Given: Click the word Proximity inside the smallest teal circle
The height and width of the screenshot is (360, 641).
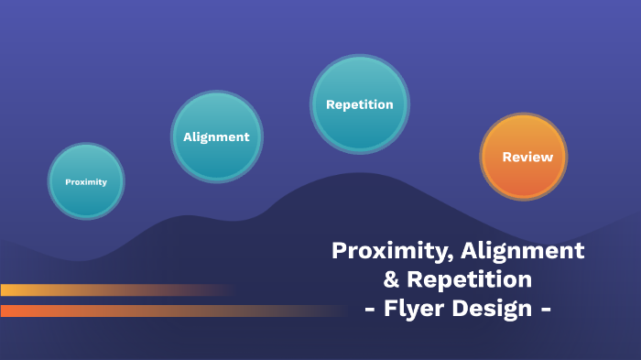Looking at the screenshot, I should [x=86, y=181].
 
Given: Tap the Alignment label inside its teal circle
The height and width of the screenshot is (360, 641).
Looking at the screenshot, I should [x=216, y=137].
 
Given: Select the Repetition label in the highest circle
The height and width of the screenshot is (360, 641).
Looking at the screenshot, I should [x=359, y=104].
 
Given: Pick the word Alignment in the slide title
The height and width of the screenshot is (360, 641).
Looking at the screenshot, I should [x=523, y=249].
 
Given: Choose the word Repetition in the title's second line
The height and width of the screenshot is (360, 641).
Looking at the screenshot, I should [x=470, y=278].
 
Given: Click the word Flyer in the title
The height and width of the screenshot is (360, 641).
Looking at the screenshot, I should [x=417, y=308].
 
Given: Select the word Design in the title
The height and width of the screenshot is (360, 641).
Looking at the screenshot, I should [x=494, y=308].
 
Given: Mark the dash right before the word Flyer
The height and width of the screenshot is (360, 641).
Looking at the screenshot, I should [x=370, y=309].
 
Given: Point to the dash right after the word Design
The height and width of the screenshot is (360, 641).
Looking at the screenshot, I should [x=546, y=309].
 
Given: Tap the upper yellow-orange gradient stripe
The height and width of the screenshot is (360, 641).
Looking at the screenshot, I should [x=92, y=289].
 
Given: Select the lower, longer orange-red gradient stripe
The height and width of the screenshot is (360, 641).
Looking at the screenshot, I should [x=137, y=311].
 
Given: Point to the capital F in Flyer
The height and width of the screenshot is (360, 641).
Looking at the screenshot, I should [x=390, y=308].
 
